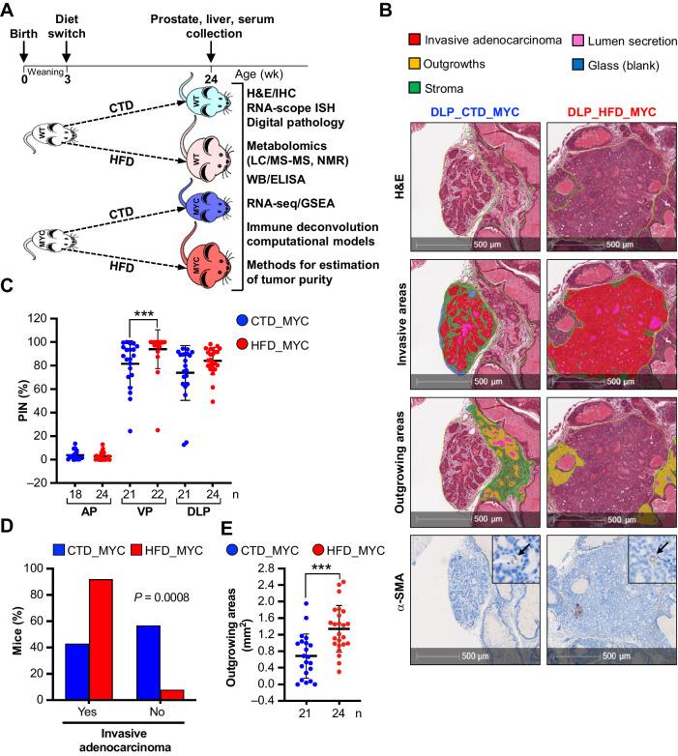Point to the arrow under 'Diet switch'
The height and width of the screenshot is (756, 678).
[x=66, y=48]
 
